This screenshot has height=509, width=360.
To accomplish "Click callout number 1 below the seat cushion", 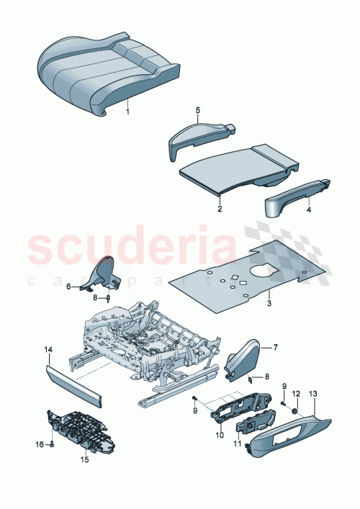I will (128, 112).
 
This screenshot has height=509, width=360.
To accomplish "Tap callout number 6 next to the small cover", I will (71, 287).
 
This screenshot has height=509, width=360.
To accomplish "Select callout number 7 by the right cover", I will (274, 348).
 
